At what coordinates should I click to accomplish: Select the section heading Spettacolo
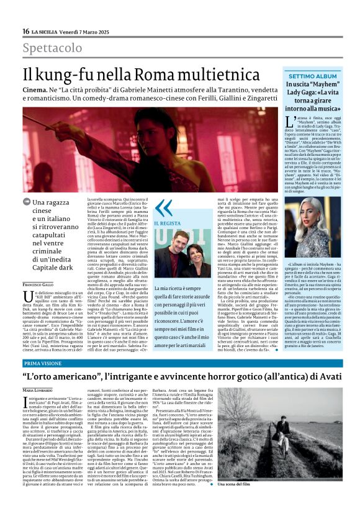click(52, 48)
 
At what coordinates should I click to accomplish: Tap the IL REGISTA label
click(168, 223)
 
